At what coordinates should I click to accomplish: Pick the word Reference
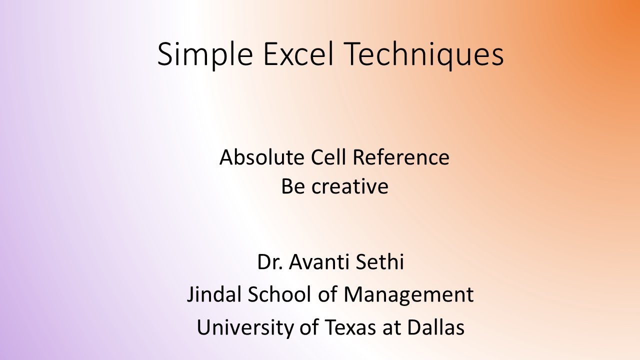(401, 157)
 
